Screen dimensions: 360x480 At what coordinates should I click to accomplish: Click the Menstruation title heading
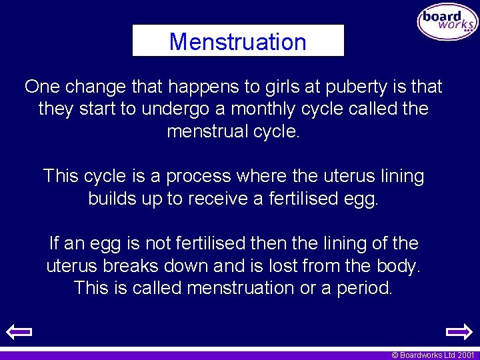238,41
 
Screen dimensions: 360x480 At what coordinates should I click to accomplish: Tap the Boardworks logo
447,23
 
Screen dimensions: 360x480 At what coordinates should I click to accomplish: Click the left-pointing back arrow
19,331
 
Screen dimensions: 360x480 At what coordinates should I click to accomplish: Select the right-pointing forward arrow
459,331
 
